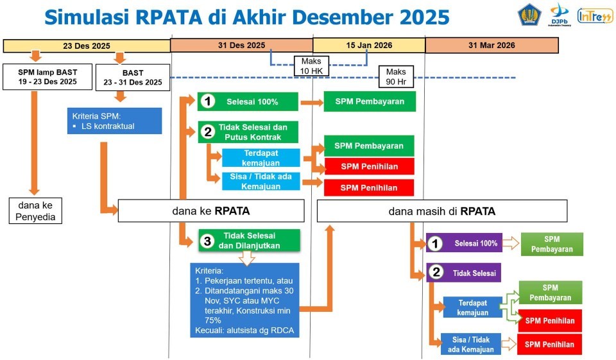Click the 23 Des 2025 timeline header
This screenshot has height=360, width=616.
[87, 46]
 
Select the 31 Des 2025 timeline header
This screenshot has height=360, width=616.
[241, 46]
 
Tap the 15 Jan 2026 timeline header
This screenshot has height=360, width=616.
[369, 46]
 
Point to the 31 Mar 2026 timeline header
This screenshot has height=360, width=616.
[492, 46]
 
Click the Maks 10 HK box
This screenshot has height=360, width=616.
[312, 65]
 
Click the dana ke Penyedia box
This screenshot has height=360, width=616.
[35, 210]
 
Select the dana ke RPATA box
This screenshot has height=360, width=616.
[211, 210]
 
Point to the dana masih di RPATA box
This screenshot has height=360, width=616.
[442, 210]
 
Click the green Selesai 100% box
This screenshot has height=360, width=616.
[248, 101]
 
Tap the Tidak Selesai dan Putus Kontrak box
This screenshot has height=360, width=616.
[248, 132]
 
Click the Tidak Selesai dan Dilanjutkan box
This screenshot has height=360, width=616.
[248, 241]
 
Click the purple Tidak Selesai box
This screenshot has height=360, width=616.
[463, 273]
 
